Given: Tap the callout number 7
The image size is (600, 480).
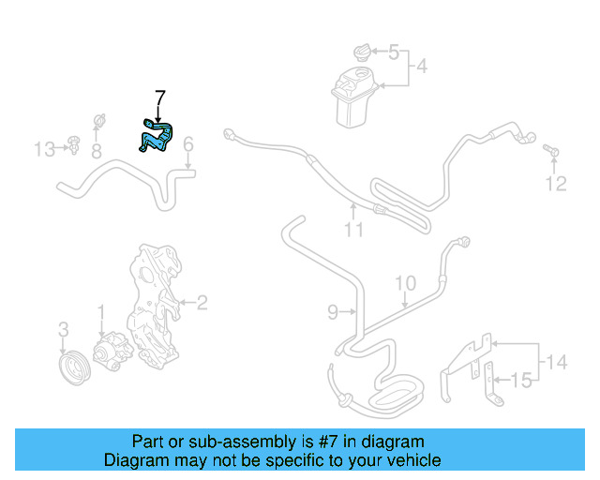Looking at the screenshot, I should point(159,97).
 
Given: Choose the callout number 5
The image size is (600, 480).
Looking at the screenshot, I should point(394,52).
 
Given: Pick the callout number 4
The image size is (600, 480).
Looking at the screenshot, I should point(422,67).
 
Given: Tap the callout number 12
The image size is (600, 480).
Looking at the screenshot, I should point(557,184).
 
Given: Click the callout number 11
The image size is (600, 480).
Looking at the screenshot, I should point(352,229).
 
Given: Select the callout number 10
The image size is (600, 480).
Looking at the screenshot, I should point(404,282).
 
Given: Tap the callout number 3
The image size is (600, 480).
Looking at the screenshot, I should point(64,329).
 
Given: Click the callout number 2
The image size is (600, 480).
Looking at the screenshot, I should point(201,302).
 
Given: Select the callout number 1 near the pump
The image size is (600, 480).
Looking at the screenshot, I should point(101,310).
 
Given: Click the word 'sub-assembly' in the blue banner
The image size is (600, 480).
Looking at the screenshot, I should point(232,442).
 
